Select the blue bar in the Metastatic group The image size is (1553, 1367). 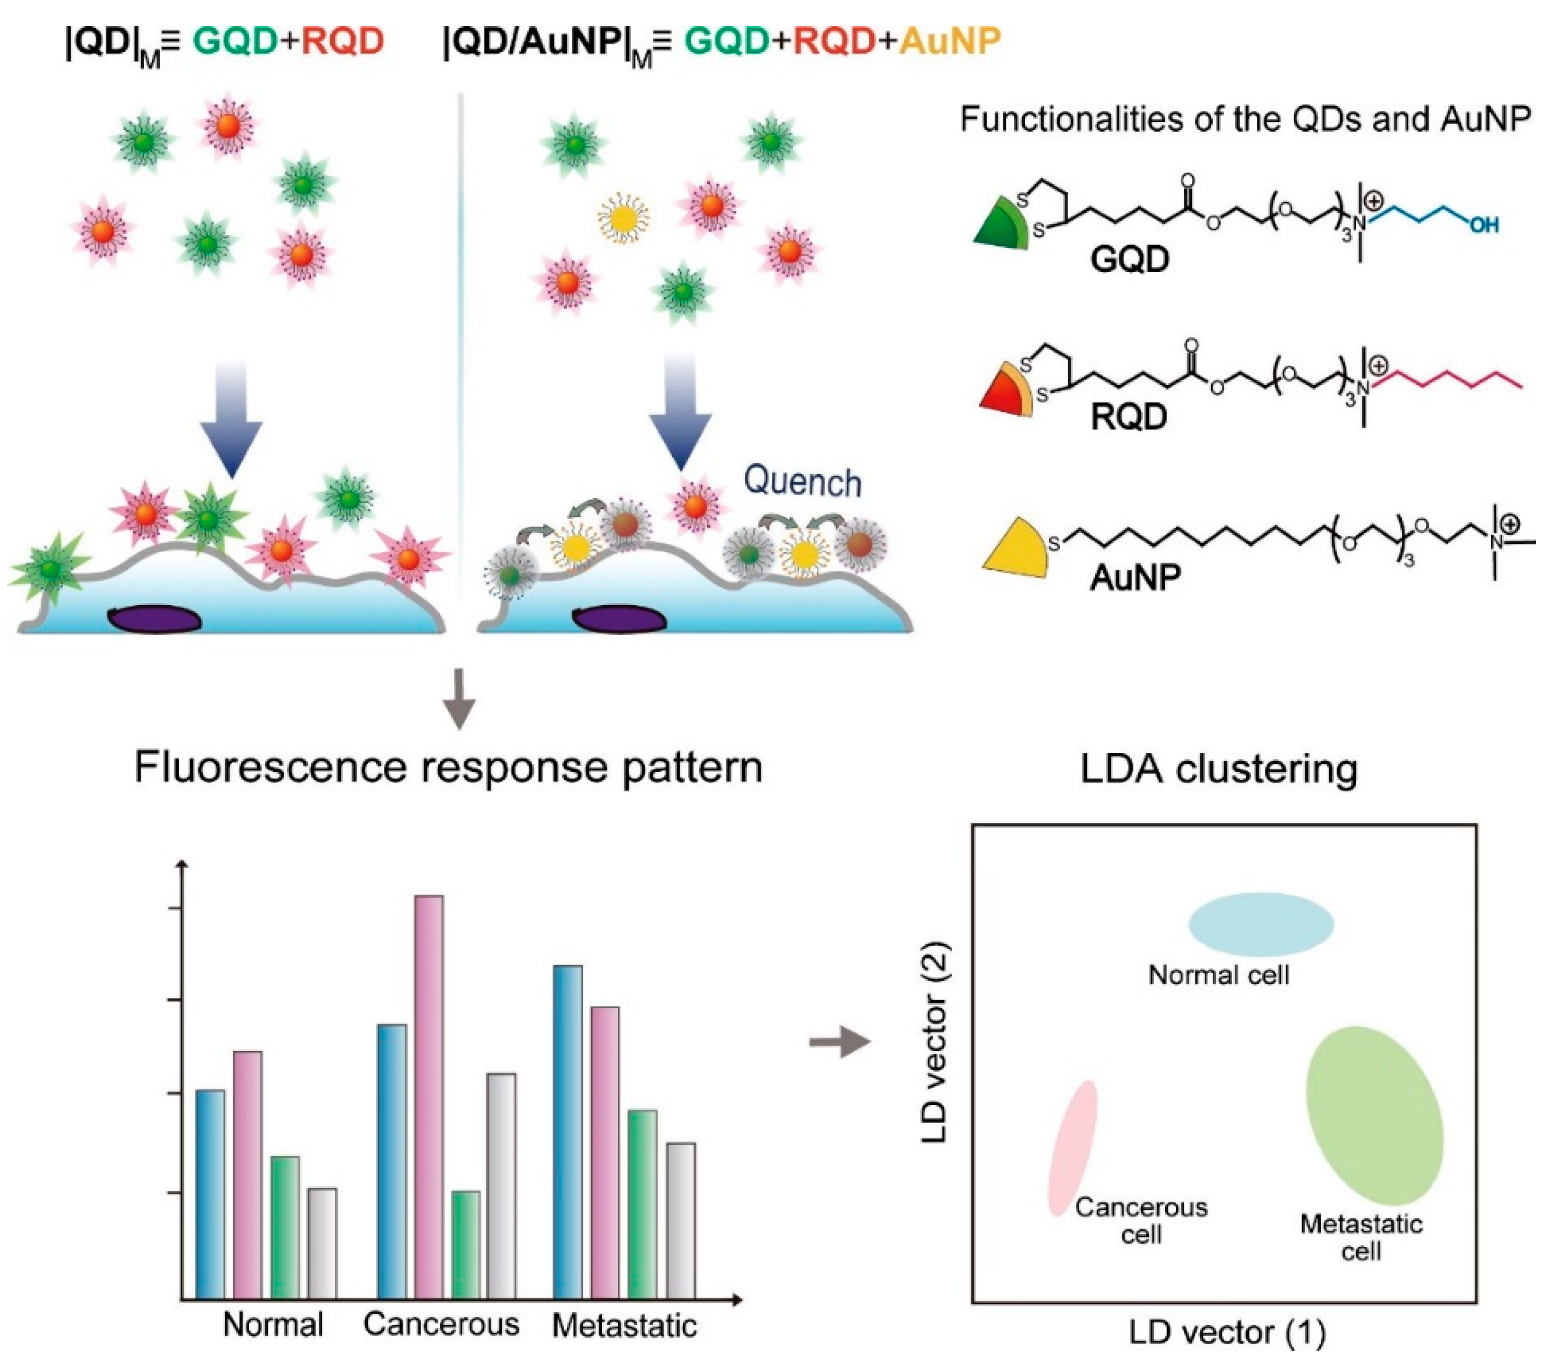(568, 1131)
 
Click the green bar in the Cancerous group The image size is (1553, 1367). (465, 1246)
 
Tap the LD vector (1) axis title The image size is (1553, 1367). (1226, 1332)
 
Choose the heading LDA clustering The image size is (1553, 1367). (1219, 769)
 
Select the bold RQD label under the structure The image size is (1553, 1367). (1128, 417)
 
